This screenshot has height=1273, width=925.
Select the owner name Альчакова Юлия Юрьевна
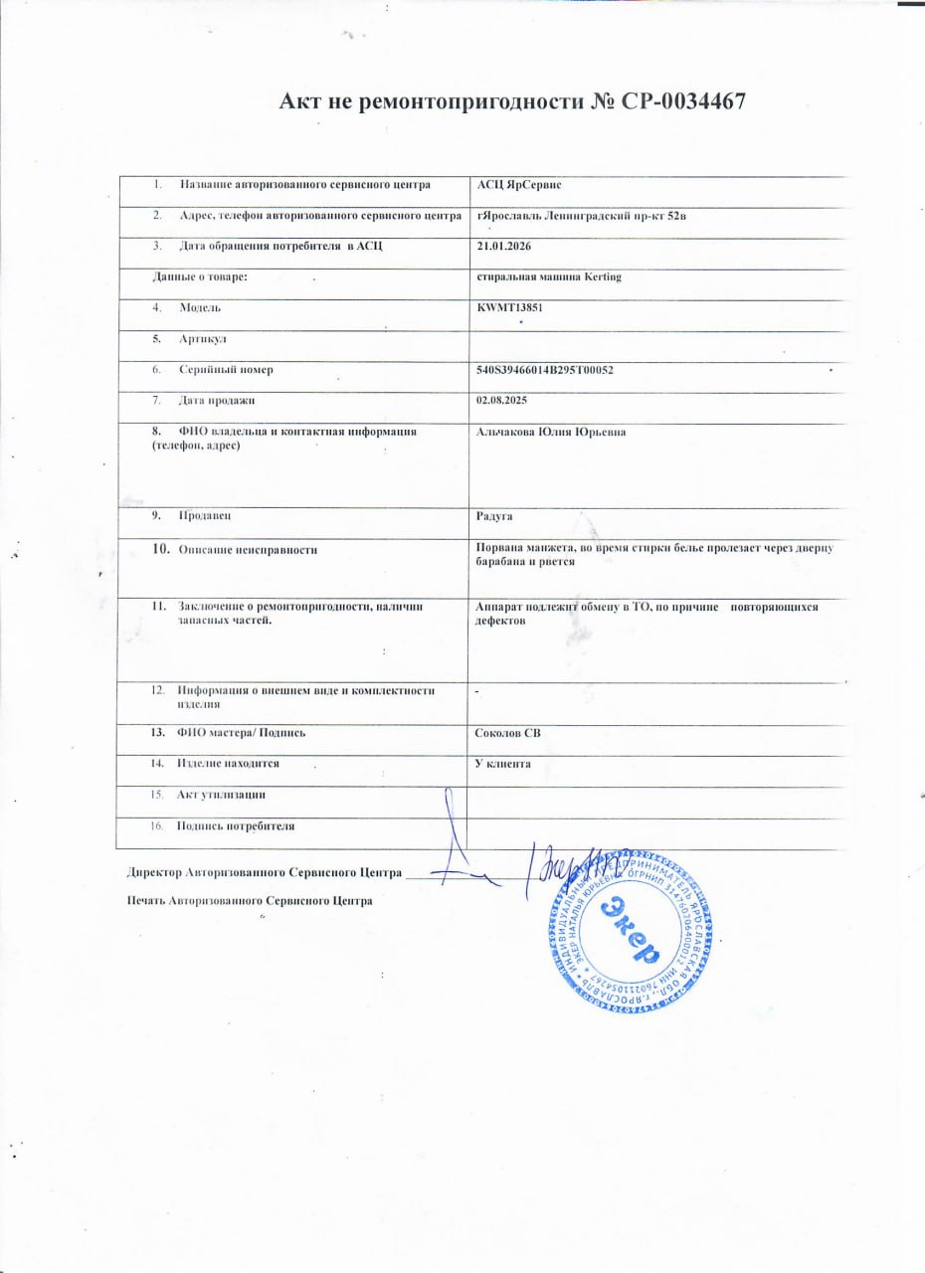552,433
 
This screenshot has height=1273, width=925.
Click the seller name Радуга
495,517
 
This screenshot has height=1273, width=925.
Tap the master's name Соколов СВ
509,734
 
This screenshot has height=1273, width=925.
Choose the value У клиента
504,764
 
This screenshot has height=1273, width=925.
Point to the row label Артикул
202,339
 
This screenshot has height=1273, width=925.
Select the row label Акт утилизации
221,795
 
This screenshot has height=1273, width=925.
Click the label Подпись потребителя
236,825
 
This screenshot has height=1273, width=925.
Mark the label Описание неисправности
248,550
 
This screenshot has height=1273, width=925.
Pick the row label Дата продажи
217,401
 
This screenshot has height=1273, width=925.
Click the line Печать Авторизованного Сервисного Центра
250,901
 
